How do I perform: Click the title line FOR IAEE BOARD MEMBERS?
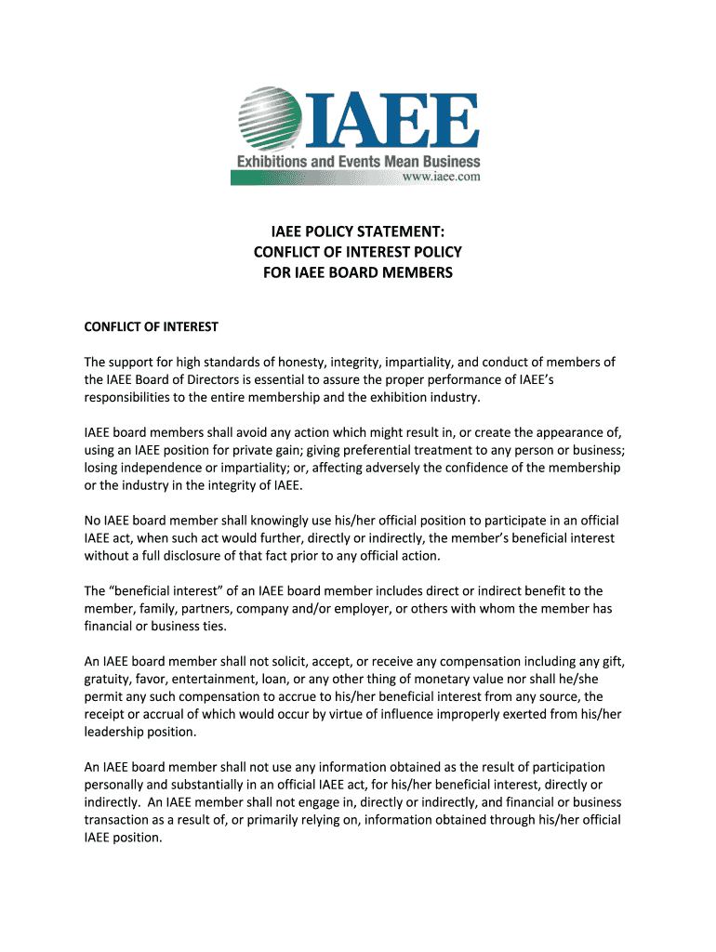(357, 272)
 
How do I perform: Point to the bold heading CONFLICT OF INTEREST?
(151, 326)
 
